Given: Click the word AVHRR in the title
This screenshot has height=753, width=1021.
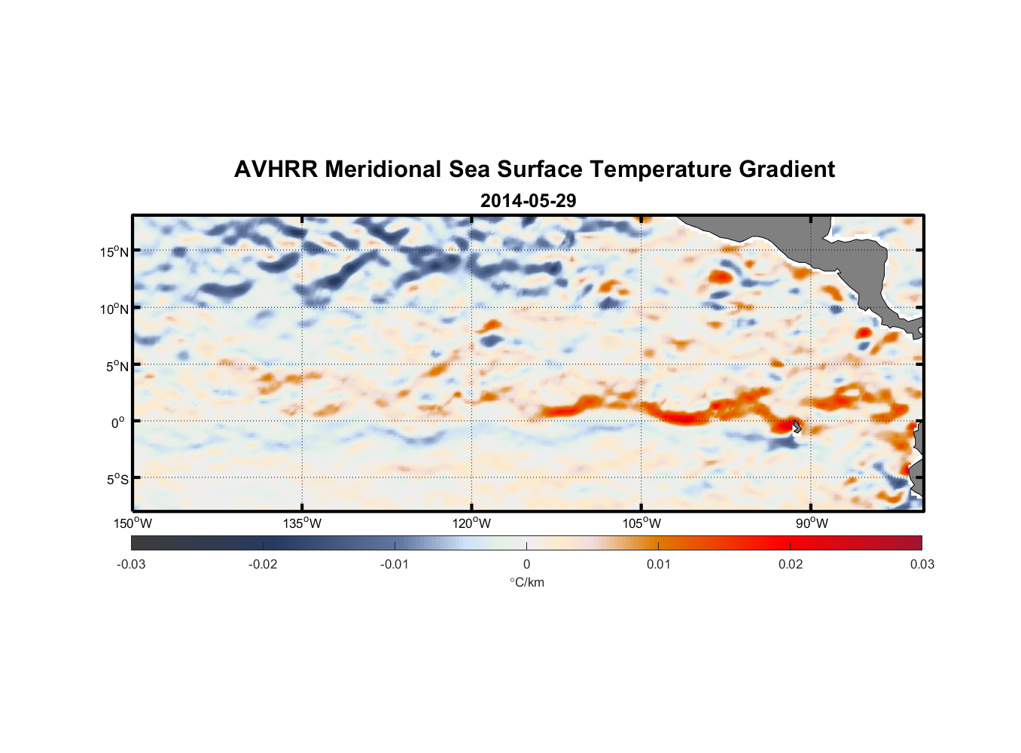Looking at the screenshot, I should coord(276,169).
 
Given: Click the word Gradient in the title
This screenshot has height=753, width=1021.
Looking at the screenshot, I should coord(787,169).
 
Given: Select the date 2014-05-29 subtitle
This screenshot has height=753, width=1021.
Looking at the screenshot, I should coord(528,201).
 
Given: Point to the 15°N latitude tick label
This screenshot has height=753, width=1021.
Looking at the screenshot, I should coord(114,252).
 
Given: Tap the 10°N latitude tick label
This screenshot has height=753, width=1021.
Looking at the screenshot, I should coord(114,309).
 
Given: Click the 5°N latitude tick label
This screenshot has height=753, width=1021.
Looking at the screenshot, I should coord(116,366).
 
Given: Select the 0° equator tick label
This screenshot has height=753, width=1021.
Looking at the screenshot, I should coord(117,422).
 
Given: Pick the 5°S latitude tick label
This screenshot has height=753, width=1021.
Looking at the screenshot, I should coord(116,480).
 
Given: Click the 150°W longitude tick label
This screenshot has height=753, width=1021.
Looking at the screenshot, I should coord(133,523).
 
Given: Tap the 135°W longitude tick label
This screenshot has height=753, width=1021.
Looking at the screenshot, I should coord(302,523).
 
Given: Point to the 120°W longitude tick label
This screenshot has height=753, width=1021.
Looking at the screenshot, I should coord(471,523).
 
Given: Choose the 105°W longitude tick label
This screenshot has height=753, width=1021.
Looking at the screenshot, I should coord(642,523).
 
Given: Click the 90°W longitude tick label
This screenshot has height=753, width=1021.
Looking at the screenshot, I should coord(811,523).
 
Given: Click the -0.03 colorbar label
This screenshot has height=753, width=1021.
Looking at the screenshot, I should coord(131,565).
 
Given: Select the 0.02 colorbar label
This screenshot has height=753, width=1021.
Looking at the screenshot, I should coord(790,565).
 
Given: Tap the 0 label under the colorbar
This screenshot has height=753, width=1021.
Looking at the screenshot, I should coord(526,565).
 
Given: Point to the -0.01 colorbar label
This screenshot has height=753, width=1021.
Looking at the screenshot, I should coord(395,565).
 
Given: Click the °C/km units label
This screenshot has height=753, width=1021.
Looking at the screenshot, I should coord(527,582).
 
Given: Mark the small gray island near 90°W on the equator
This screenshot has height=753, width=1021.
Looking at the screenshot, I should coord(797,426).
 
